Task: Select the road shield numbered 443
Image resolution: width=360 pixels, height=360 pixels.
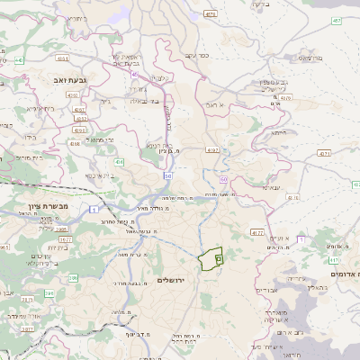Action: click(19, 60)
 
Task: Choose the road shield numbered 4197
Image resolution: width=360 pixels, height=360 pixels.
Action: click(212, 149)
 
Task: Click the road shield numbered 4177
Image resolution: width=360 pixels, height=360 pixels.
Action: click(257, 232)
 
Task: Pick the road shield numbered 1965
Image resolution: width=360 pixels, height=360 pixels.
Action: click(62, 229)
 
